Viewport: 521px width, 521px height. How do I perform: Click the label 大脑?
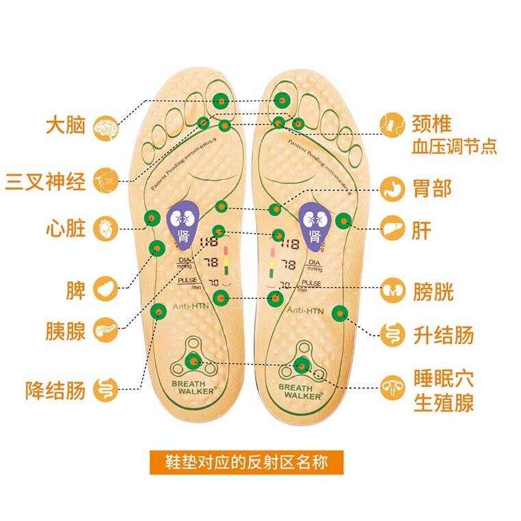click(x=65, y=126)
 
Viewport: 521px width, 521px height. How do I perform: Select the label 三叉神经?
click(x=46, y=182)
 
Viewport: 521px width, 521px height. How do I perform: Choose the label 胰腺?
click(x=66, y=331)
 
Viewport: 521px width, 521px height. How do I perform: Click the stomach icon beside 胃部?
click(x=393, y=188)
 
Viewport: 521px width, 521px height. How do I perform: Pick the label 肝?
click(x=422, y=230)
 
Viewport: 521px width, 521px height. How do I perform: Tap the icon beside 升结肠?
click(x=393, y=334)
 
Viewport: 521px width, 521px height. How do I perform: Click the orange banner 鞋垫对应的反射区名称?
click(x=246, y=463)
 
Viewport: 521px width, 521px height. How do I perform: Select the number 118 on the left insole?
click(x=209, y=243)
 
